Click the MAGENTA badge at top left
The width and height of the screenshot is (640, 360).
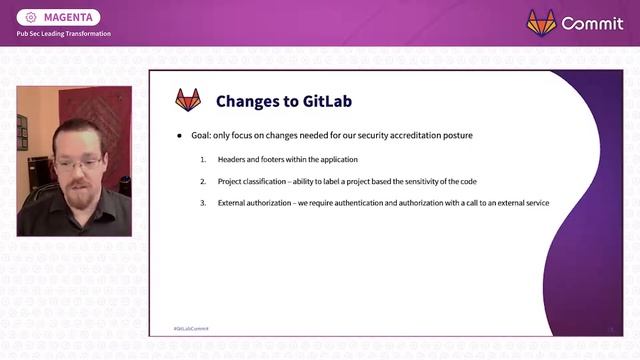[59, 17]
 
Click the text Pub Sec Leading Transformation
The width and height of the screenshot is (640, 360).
[63, 34]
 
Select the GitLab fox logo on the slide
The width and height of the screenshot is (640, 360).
[188, 100]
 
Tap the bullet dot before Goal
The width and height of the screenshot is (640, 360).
[180, 135]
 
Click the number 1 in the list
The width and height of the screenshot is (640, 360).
[202, 160]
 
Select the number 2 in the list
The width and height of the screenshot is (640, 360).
[202, 182]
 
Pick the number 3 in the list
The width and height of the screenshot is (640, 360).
[202, 204]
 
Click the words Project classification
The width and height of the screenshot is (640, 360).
[254, 182]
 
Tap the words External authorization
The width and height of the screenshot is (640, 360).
[258, 204]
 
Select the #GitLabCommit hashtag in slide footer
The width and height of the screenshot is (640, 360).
[191, 328]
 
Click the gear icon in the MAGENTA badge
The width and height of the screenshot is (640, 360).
[30, 17]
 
